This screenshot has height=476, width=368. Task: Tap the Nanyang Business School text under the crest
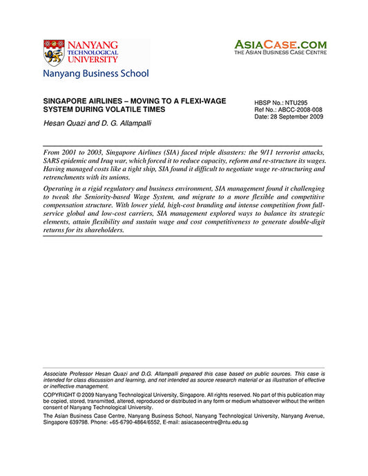[95, 73]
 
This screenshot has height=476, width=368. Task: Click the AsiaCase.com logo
[280, 44]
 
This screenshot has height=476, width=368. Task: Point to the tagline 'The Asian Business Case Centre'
[280, 52]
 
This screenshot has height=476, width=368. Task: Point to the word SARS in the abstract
[54, 159]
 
